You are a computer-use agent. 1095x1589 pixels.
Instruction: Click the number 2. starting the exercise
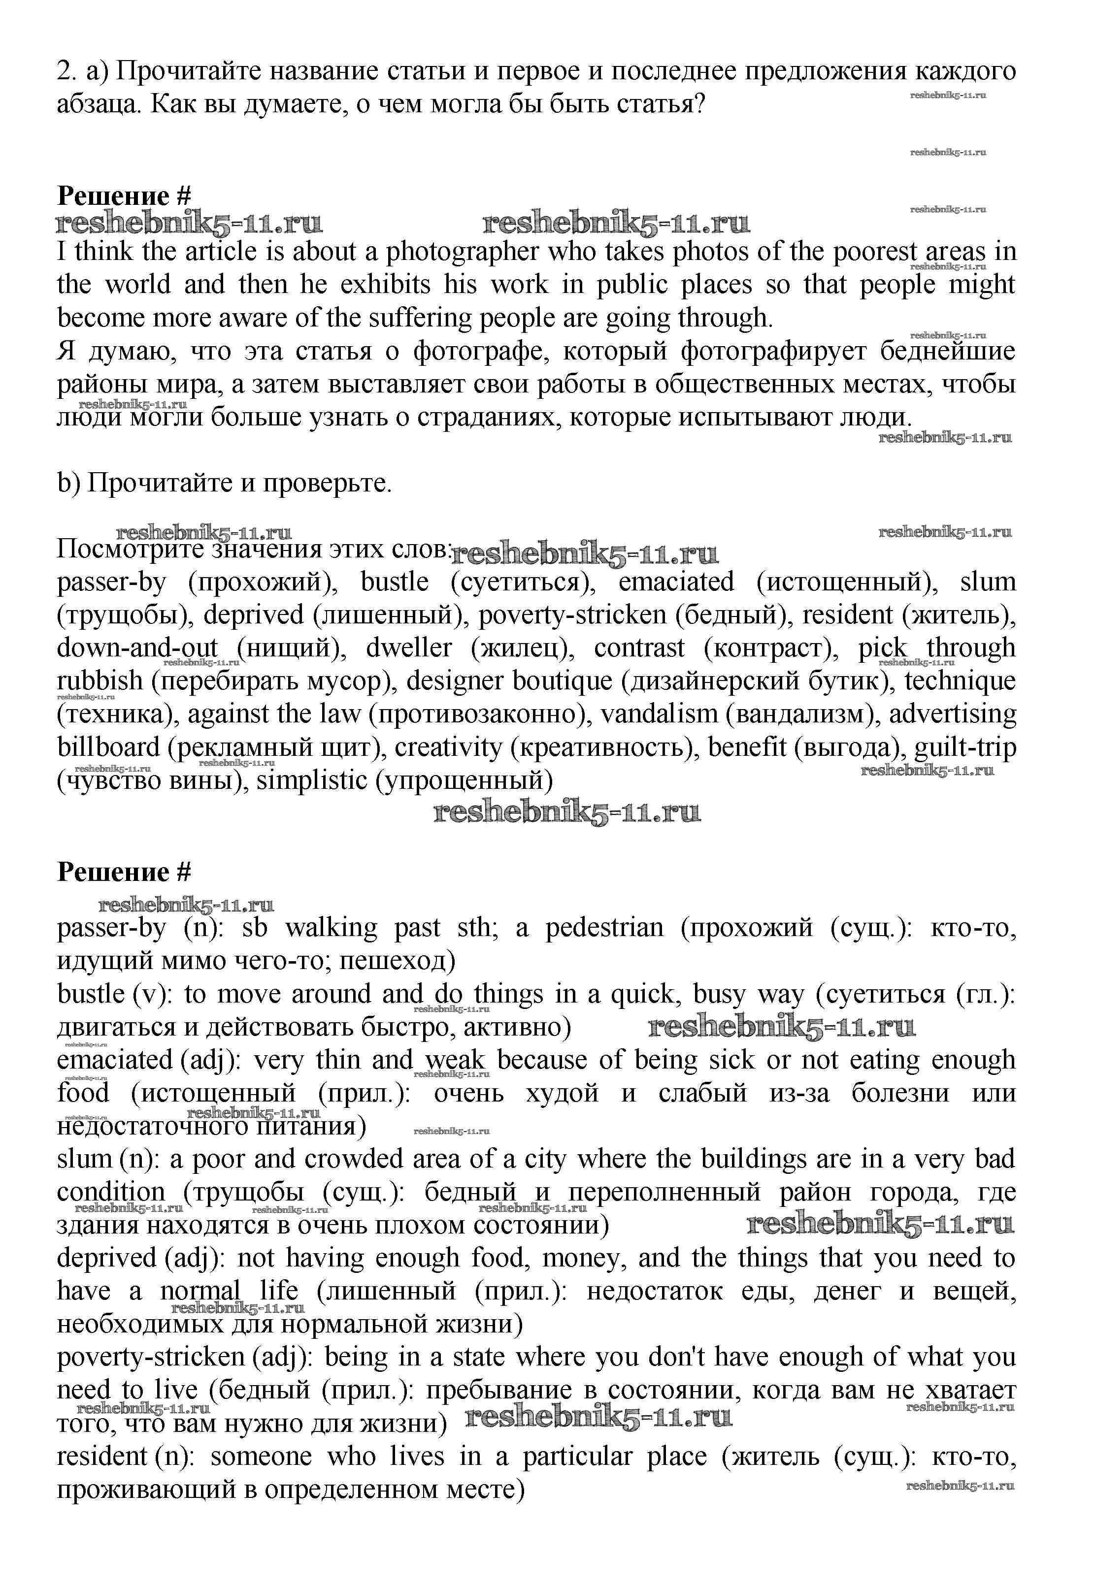tap(66, 72)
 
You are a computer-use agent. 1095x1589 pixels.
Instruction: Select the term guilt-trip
tap(965, 747)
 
